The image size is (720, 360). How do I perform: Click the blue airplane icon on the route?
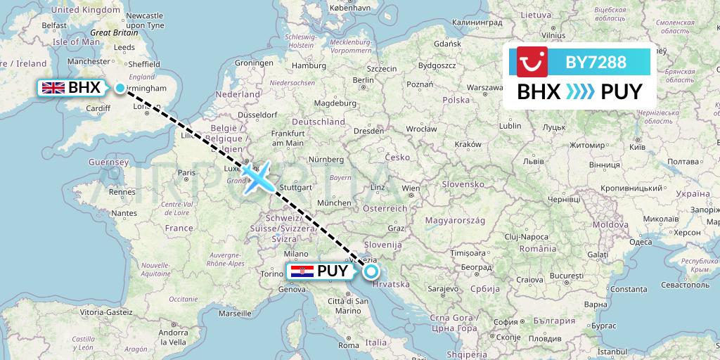[258, 176]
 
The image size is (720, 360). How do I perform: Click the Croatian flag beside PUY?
[302, 271]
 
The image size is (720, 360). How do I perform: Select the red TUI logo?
[532, 62]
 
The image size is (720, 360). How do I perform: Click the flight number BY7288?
[596, 63]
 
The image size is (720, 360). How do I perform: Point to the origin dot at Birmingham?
[120, 88]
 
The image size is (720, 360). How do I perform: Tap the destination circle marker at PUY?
[371, 271]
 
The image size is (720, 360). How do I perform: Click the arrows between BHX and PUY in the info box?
[579, 92]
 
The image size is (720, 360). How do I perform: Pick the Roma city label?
[349, 345]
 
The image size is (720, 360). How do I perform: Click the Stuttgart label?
[295, 188]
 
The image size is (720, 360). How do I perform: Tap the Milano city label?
[297, 254]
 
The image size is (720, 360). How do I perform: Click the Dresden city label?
[368, 131]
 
